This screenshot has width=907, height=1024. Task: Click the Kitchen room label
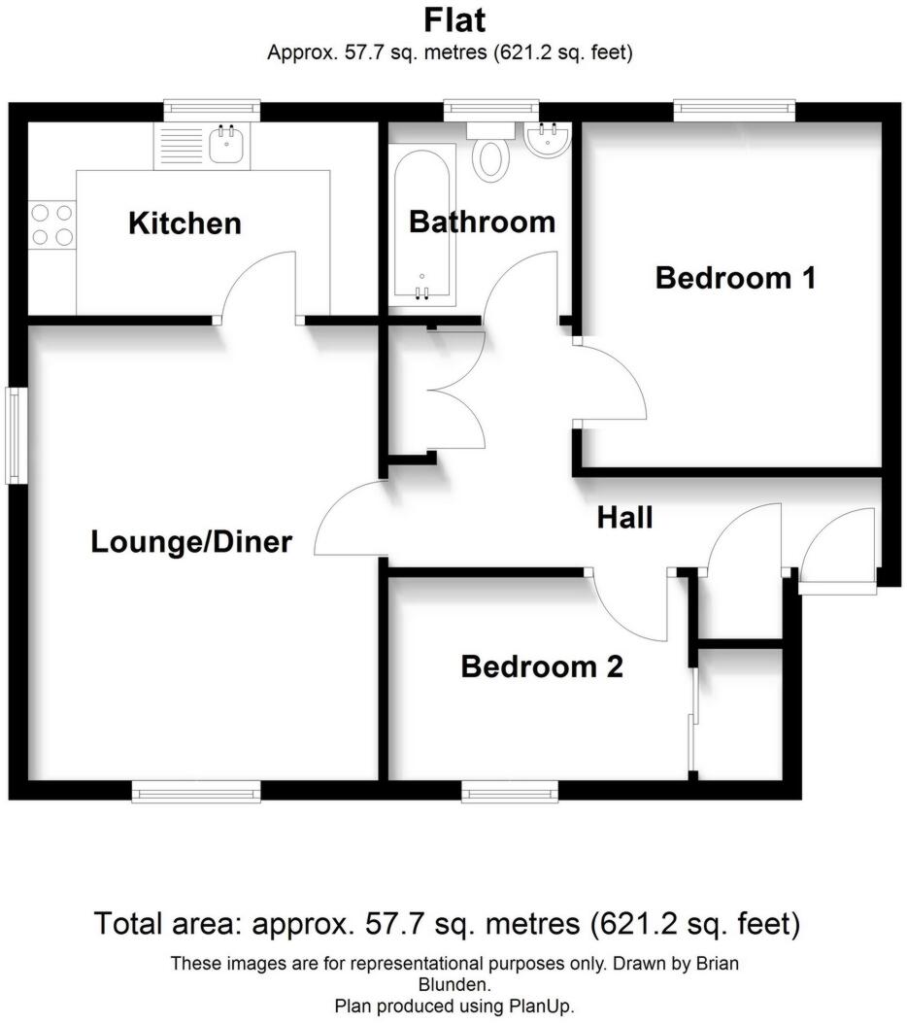pos(185,224)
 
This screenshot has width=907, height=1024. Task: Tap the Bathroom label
pos(482,222)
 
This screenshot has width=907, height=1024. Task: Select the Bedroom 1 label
pos(735,279)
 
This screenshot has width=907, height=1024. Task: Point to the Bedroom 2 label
pos(541,667)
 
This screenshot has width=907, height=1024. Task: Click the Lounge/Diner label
pos(191,541)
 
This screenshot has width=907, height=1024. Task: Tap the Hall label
pos(623,518)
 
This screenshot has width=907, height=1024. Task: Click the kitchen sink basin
pos(227,146)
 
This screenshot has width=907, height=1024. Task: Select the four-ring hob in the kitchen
pos(51,223)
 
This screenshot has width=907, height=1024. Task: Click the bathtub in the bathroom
pos(422,223)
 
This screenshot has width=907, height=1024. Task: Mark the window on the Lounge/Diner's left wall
pos(14,435)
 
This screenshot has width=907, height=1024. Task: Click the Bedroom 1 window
pos(734,111)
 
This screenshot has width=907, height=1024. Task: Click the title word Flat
pos(453,20)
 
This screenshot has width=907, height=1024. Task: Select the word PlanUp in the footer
pos(549,1006)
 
